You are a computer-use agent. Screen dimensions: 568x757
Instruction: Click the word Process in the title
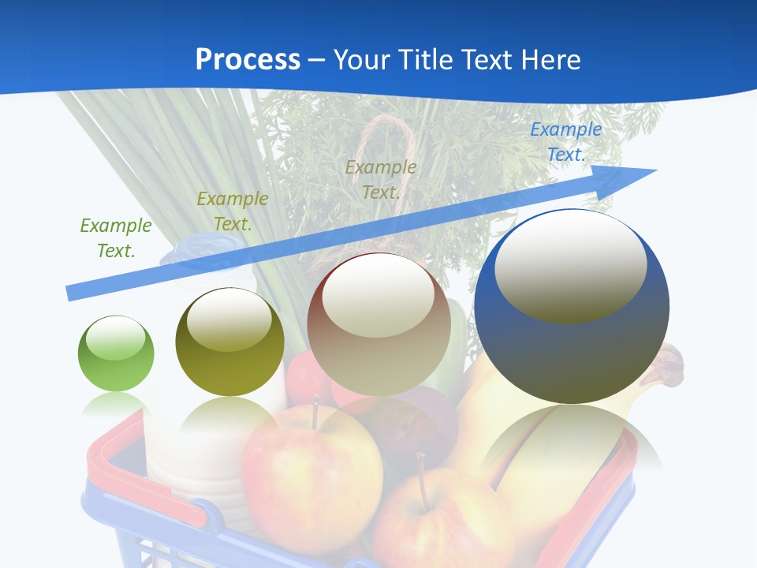click(248, 60)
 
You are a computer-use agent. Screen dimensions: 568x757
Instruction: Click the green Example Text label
click(116, 238)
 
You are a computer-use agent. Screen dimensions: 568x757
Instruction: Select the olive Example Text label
click(233, 211)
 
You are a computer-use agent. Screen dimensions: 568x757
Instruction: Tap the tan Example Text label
click(381, 179)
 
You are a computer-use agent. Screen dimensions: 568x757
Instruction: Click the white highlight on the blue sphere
click(570, 266)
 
